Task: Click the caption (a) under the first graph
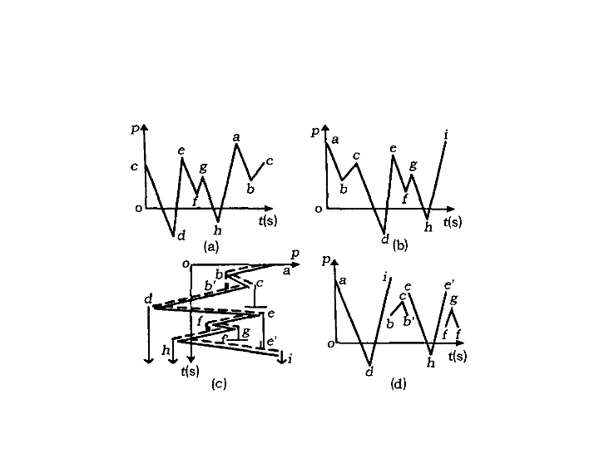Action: (x=211, y=246)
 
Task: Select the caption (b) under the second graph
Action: (x=400, y=244)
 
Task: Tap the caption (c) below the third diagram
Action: (x=219, y=383)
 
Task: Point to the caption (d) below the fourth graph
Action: (x=398, y=383)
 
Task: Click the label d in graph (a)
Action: (x=181, y=235)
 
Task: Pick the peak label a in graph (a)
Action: (x=236, y=137)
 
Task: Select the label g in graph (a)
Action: (x=204, y=167)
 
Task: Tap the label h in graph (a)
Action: (x=218, y=229)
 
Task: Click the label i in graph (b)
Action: (x=446, y=135)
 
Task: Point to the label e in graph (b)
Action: (x=393, y=148)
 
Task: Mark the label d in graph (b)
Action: (x=385, y=239)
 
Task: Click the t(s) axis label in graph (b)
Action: (x=453, y=221)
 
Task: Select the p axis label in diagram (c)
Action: (x=295, y=254)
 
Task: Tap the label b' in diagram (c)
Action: (x=210, y=285)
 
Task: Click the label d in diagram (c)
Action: (x=148, y=299)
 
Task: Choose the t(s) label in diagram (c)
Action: (x=190, y=371)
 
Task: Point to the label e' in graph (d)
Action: (x=449, y=285)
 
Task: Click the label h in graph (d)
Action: (x=431, y=363)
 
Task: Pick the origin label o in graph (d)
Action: (x=331, y=344)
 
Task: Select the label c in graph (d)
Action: (x=403, y=296)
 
